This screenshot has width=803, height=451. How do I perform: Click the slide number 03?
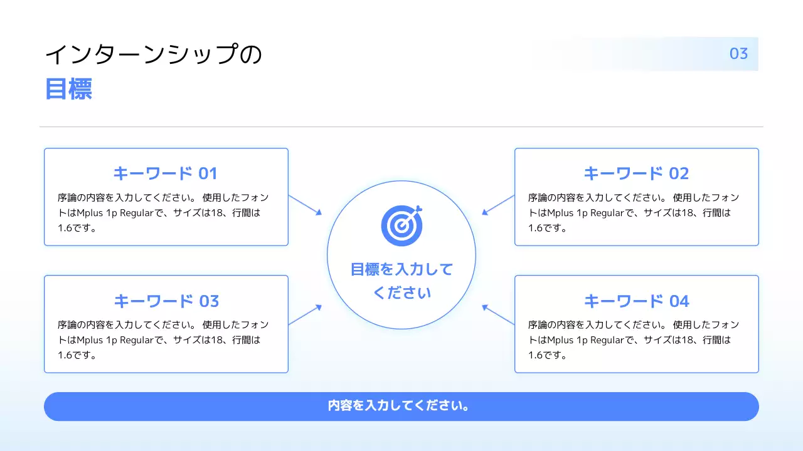tap(738, 54)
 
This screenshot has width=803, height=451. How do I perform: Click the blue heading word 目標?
tap(68, 90)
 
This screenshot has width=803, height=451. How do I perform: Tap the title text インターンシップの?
tap(153, 55)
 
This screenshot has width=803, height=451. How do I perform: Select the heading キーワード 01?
tap(165, 173)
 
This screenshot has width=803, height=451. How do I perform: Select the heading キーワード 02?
tap(636, 173)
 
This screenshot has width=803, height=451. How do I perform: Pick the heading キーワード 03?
tap(166, 301)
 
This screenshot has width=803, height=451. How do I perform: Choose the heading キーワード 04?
tap(636, 301)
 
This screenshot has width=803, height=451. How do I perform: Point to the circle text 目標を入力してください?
tap(401, 281)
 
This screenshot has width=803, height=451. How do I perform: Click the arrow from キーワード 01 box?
tap(306, 205)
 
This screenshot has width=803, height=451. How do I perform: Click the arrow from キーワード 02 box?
tap(497, 205)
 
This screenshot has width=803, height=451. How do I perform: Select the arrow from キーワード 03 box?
tap(306, 314)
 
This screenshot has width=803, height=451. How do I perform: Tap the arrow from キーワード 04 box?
tap(497, 314)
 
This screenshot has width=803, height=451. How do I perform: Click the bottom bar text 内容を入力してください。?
tap(399, 406)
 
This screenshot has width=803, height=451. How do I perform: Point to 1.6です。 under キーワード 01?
tap(77, 228)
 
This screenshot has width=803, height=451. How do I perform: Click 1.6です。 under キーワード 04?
tap(548, 356)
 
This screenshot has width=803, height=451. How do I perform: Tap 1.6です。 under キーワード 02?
tap(548, 228)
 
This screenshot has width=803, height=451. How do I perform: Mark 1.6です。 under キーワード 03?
tap(77, 356)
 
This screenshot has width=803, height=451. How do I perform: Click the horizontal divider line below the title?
tap(401, 127)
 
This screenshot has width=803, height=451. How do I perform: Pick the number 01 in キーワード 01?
tap(208, 173)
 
